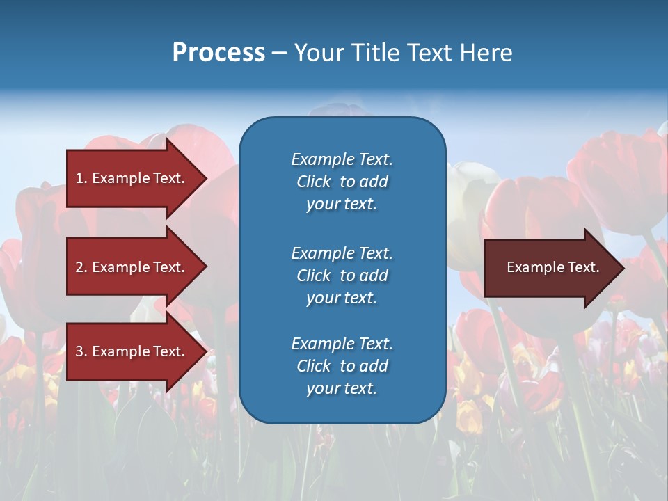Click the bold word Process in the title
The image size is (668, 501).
(218, 53)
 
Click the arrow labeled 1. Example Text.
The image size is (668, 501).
(132, 178)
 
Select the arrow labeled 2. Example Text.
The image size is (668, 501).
(132, 267)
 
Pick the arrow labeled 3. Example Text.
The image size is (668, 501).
(132, 351)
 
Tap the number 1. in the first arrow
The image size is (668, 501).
(81, 178)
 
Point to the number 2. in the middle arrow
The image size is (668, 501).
(81, 267)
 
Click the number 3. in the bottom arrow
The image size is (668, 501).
(81, 351)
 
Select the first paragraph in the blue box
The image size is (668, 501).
(342, 182)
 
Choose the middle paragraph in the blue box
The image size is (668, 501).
(342, 276)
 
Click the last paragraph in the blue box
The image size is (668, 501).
(342, 366)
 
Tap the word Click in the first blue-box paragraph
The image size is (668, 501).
(313, 182)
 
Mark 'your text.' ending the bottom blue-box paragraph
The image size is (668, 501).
(342, 388)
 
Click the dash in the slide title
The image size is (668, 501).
(279, 53)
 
